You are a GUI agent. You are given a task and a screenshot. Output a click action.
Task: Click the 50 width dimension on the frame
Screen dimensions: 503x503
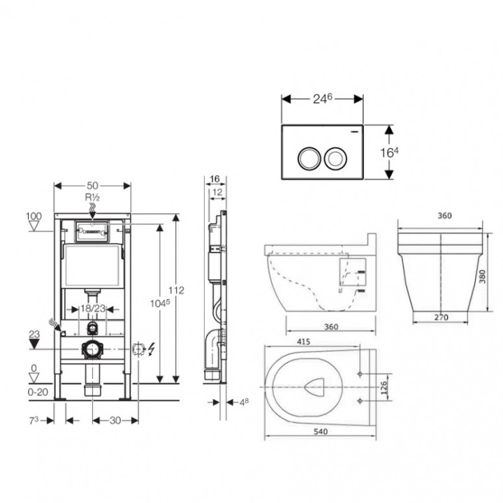pos(92,186)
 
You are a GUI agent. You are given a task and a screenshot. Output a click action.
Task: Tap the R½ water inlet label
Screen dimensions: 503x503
pos(92,197)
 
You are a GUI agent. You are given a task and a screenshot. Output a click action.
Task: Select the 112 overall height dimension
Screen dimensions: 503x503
pos(177,291)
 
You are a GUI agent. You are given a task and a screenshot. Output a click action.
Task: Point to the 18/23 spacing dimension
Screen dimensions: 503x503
pos(93,309)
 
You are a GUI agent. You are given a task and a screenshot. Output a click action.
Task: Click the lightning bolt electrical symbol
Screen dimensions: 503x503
pos(152,349)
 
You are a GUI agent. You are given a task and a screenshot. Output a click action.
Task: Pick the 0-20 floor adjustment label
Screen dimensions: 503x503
pos(38,392)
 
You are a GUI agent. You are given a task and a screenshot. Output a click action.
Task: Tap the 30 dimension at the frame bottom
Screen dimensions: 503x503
pos(115,421)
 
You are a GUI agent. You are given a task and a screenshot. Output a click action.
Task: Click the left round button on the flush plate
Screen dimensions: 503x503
pos(309,159)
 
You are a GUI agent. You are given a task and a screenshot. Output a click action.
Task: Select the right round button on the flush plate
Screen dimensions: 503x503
pos(335,159)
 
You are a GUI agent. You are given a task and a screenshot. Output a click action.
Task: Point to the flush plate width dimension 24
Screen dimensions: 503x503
pos(322,99)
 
